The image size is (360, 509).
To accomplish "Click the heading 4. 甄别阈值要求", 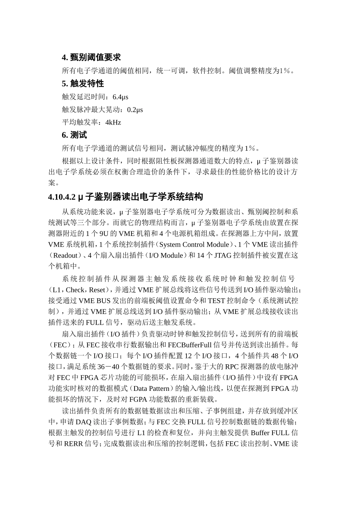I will pos(91,57).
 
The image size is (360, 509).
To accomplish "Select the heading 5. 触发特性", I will pos(83,83).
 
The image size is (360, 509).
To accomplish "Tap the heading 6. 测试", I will pos(74,135).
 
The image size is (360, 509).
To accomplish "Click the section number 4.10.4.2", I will pos(63,197).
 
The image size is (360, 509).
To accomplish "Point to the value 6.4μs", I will pos(121,97).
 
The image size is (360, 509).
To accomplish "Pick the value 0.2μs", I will pos(135,110).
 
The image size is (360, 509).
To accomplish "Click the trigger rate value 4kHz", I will pos(113,122).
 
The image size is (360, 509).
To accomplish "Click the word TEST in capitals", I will pos(216,301).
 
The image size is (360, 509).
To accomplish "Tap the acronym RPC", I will pos(232,367).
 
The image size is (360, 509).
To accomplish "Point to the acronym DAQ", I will pos(83,422).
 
